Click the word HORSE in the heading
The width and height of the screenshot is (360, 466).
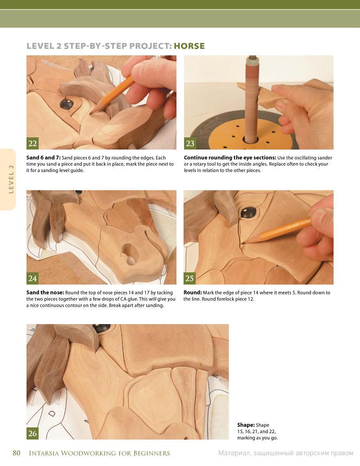pyautogui.click(x=189, y=46)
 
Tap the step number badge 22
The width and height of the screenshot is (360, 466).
pyautogui.click(x=32, y=144)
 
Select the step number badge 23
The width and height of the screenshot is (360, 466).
pyautogui.click(x=190, y=144)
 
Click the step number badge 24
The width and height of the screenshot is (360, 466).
pyautogui.click(x=32, y=278)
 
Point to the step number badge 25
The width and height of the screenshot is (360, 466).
pyautogui.click(x=189, y=278)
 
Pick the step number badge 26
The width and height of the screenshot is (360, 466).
pyautogui.click(x=32, y=433)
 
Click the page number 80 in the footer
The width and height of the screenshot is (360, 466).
pyautogui.click(x=16, y=453)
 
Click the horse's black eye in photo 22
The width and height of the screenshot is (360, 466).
pyautogui.click(x=67, y=104)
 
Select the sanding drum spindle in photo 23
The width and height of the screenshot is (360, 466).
pyautogui.click(x=252, y=98)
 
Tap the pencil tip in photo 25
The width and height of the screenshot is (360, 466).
pyautogui.click(x=243, y=243)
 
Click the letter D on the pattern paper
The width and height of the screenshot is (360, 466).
pyautogui.click(x=52, y=413)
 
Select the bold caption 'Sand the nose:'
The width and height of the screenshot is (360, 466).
pyautogui.click(x=45, y=293)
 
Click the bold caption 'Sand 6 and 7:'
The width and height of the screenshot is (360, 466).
pyautogui.click(x=43, y=158)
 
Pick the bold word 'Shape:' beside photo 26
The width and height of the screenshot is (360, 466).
pyautogui.click(x=246, y=425)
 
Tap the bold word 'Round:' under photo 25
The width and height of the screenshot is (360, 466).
pyautogui.click(x=193, y=293)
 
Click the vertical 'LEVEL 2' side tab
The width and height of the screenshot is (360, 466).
pyautogui.click(x=11, y=179)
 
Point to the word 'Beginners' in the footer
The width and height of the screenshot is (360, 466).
pyautogui.click(x=152, y=453)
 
